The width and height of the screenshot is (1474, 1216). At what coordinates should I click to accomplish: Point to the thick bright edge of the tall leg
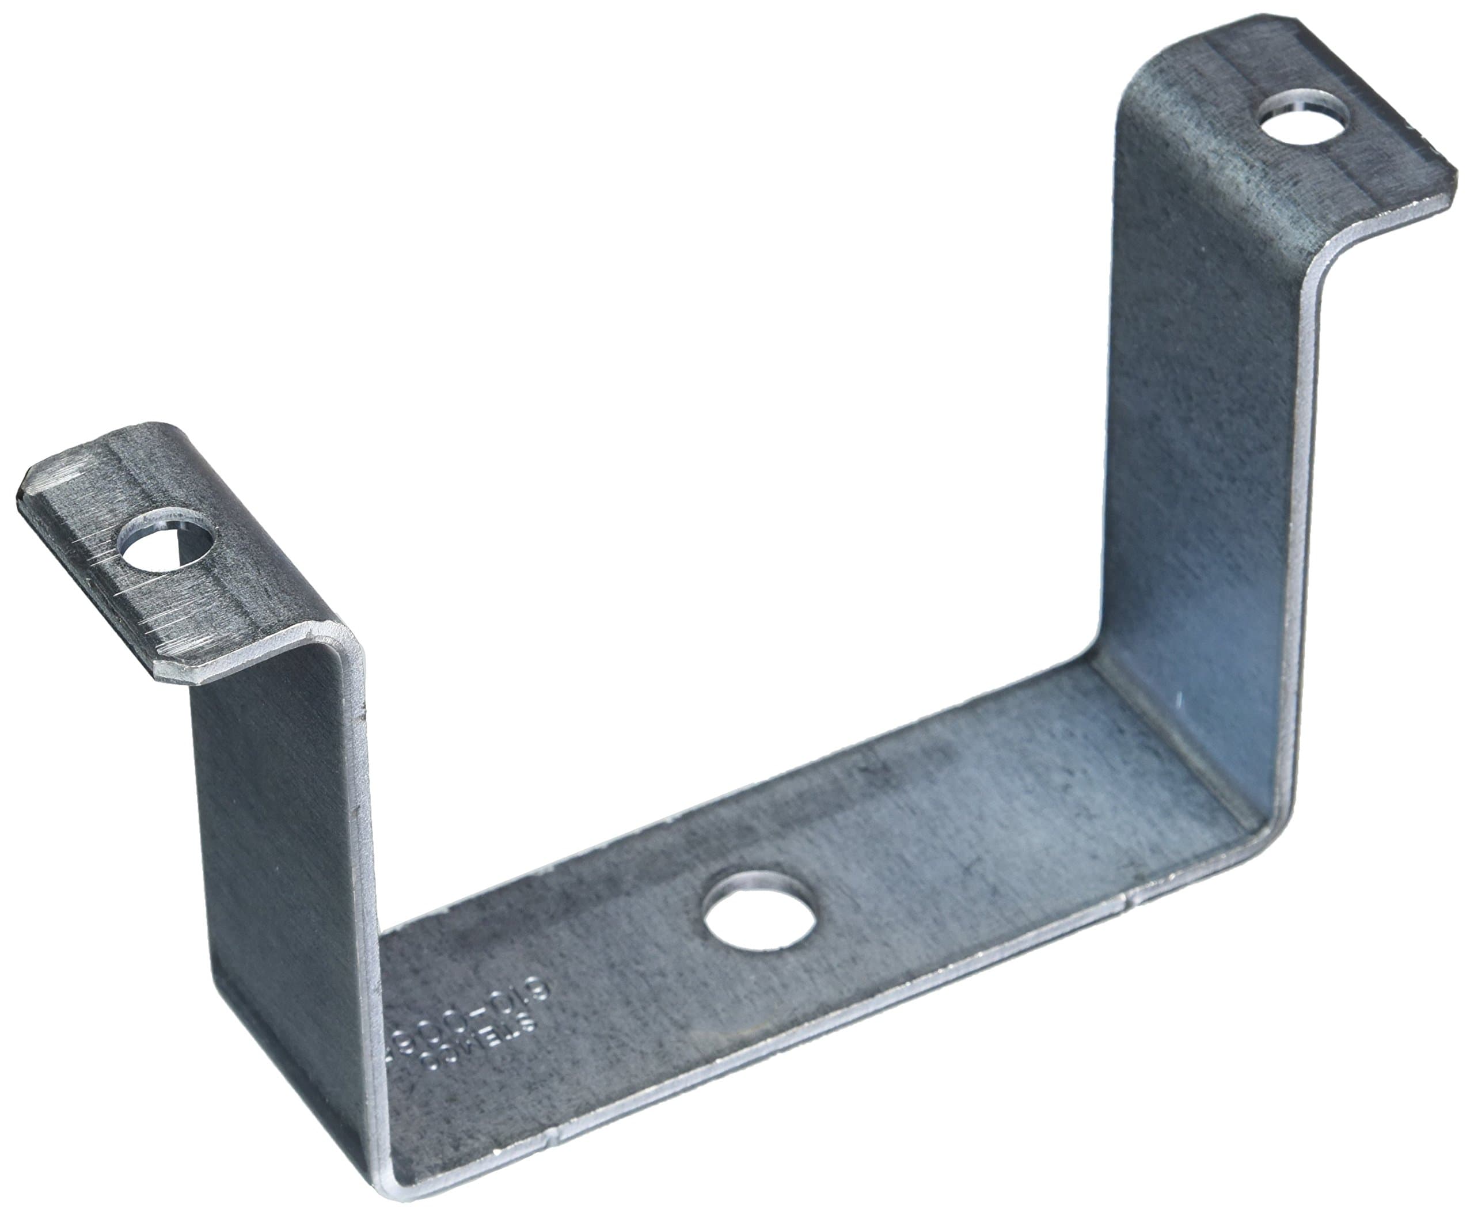pos(1296,560)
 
